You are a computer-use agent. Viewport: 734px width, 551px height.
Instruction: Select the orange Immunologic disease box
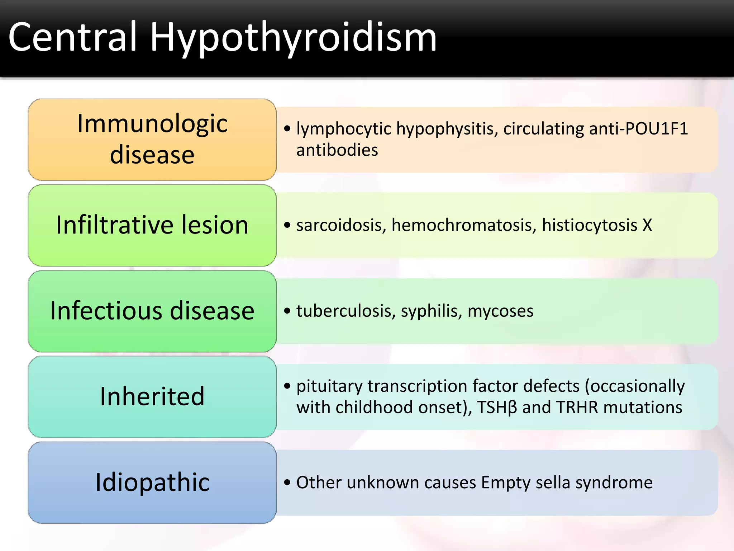tap(152, 139)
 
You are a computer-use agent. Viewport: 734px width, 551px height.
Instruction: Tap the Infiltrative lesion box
tap(152, 225)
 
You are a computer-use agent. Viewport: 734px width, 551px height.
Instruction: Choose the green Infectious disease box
tap(152, 311)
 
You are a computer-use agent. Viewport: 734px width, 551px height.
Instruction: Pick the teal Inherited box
tap(152, 396)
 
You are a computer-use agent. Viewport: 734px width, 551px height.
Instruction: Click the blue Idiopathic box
tap(152, 482)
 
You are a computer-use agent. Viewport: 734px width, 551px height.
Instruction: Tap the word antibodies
tap(337, 150)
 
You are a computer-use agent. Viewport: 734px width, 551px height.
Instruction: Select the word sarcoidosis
tap(341, 225)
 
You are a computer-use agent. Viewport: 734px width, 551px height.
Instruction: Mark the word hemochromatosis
tap(464, 225)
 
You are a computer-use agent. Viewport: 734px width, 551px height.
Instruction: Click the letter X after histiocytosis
tap(647, 225)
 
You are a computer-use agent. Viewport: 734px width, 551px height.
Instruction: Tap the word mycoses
tap(500, 311)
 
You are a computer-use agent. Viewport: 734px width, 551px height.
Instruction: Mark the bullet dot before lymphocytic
tap(287, 128)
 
